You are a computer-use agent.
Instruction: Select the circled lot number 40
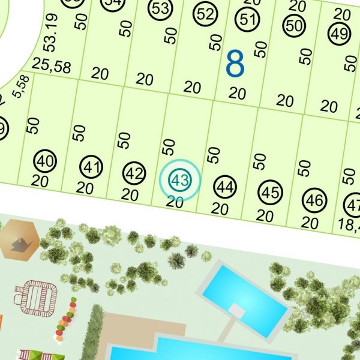tap(45, 161)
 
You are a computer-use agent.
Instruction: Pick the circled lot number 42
tap(134, 174)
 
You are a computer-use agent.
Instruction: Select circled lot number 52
tap(205, 14)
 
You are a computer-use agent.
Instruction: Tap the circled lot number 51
tap(247, 19)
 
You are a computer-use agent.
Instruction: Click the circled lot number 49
tap(340, 34)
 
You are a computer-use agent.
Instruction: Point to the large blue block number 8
tap(235, 64)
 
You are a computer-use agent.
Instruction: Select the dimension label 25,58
tap(52, 67)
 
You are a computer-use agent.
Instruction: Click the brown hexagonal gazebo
tap(19, 240)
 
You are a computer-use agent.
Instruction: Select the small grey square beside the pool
tap(238, 311)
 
